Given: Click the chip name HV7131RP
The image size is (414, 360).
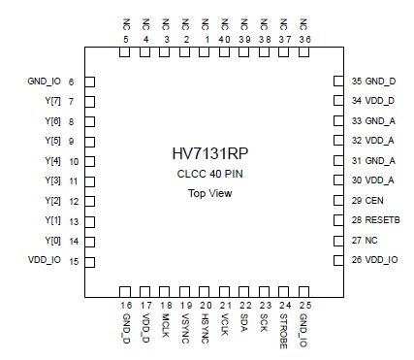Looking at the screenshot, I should click(209, 154).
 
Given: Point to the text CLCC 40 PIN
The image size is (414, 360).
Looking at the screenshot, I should click(209, 174).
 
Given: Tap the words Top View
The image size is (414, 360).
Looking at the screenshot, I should click(208, 193).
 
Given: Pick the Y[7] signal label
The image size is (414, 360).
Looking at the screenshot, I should click(52, 101).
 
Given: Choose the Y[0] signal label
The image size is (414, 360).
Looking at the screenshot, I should click(52, 241).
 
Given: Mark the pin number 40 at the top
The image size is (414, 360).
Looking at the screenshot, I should click(225, 39).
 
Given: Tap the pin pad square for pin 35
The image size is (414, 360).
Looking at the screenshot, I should click(338, 82).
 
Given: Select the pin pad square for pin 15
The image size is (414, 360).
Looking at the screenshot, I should click(88, 261).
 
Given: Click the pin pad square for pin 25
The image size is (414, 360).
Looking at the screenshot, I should click(305, 291).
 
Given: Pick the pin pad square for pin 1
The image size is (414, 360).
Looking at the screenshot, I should click(206, 52).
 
